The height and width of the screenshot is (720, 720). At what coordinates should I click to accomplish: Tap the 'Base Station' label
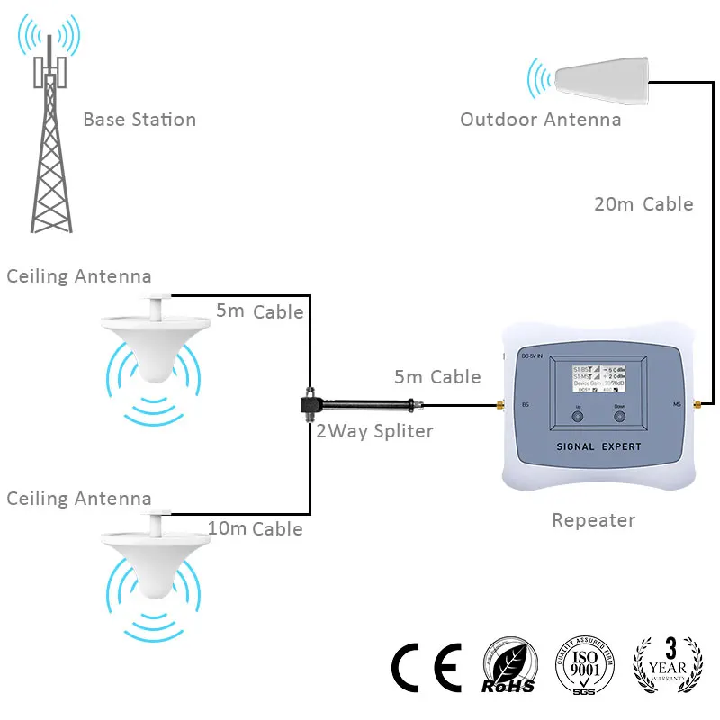[x=139, y=120]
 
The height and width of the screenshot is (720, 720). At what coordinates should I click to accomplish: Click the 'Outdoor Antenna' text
[x=540, y=120]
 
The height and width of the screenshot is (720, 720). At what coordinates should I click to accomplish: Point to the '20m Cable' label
[x=643, y=204]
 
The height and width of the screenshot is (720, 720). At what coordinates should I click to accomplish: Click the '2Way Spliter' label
[x=374, y=431]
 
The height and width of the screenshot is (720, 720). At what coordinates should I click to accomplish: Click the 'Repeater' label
[x=593, y=520]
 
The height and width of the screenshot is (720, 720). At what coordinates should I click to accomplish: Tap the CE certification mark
[x=427, y=668]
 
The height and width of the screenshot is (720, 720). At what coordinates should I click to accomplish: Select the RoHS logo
[x=510, y=668]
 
